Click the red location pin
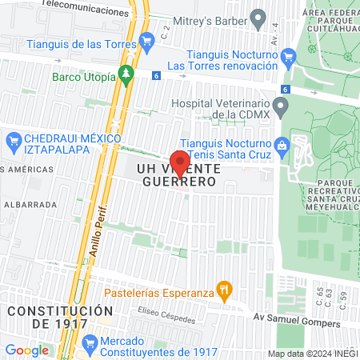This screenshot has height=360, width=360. coord(180,162)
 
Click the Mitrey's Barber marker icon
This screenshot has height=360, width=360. coord(258,17)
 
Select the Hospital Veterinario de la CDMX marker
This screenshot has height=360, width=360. coord(280,106)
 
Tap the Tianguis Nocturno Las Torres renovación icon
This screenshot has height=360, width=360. coord(290,54)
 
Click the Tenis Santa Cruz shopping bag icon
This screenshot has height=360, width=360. coord(281,145)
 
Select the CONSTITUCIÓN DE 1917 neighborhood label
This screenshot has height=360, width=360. coord(60,317)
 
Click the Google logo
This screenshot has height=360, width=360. coord(26,350)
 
